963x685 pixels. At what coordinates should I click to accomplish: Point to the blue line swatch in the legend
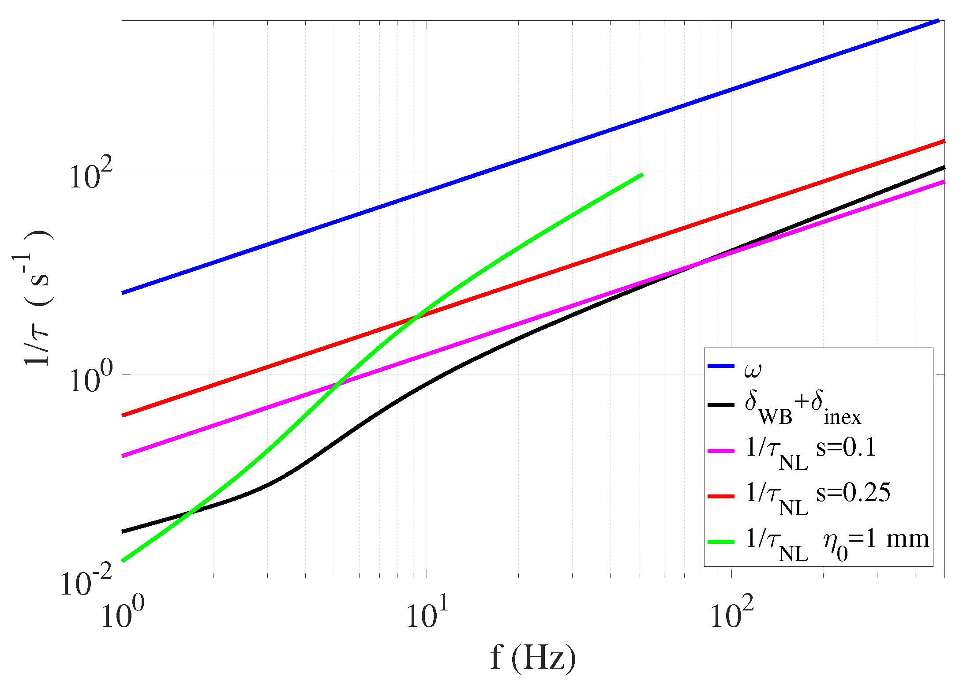pos(721,366)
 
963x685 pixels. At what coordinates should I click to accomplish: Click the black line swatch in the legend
pos(721,405)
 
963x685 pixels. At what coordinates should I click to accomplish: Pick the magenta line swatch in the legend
pos(721,451)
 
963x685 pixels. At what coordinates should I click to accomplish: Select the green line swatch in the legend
pos(721,542)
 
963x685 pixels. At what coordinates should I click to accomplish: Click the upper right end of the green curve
pos(642,175)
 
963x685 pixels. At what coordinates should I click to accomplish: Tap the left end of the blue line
pos(123,292)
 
